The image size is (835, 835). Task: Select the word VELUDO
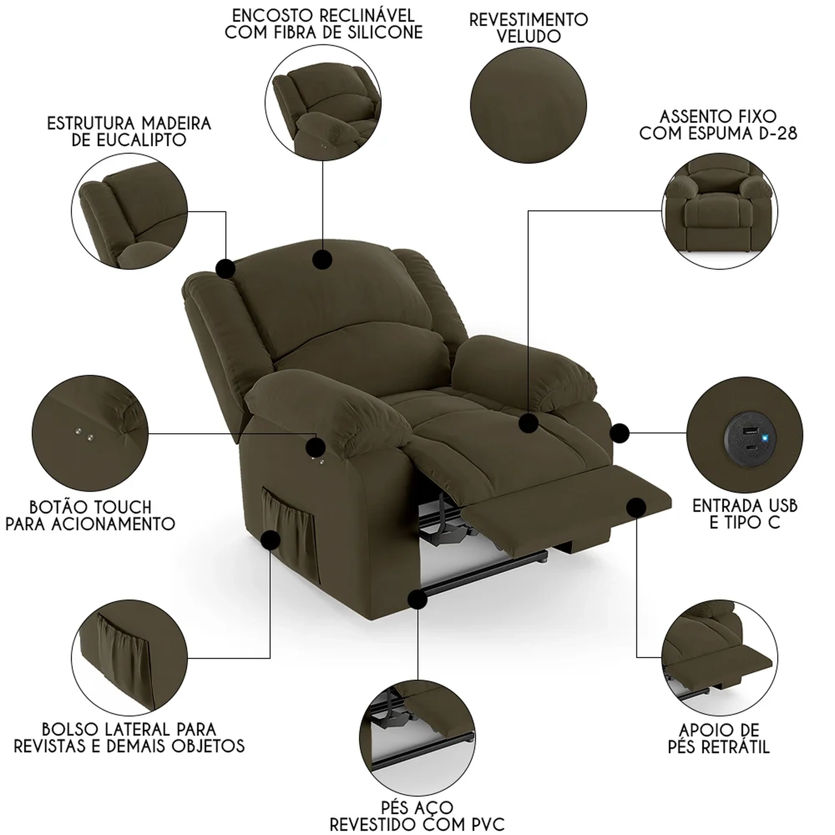tap(528, 37)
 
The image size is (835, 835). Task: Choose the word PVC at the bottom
tap(485, 824)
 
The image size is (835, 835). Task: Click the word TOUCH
tap(122, 507)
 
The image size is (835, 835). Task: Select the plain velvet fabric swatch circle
tap(528, 106)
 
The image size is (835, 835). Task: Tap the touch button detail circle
tap(90, 433)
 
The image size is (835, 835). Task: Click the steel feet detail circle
tap(417, 737)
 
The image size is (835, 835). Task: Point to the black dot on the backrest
tap(322, 259)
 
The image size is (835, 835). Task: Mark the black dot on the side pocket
tap(271, 540)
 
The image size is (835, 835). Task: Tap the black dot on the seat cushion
tap(528, 424)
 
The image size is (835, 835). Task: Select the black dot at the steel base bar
tap(417, 600)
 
